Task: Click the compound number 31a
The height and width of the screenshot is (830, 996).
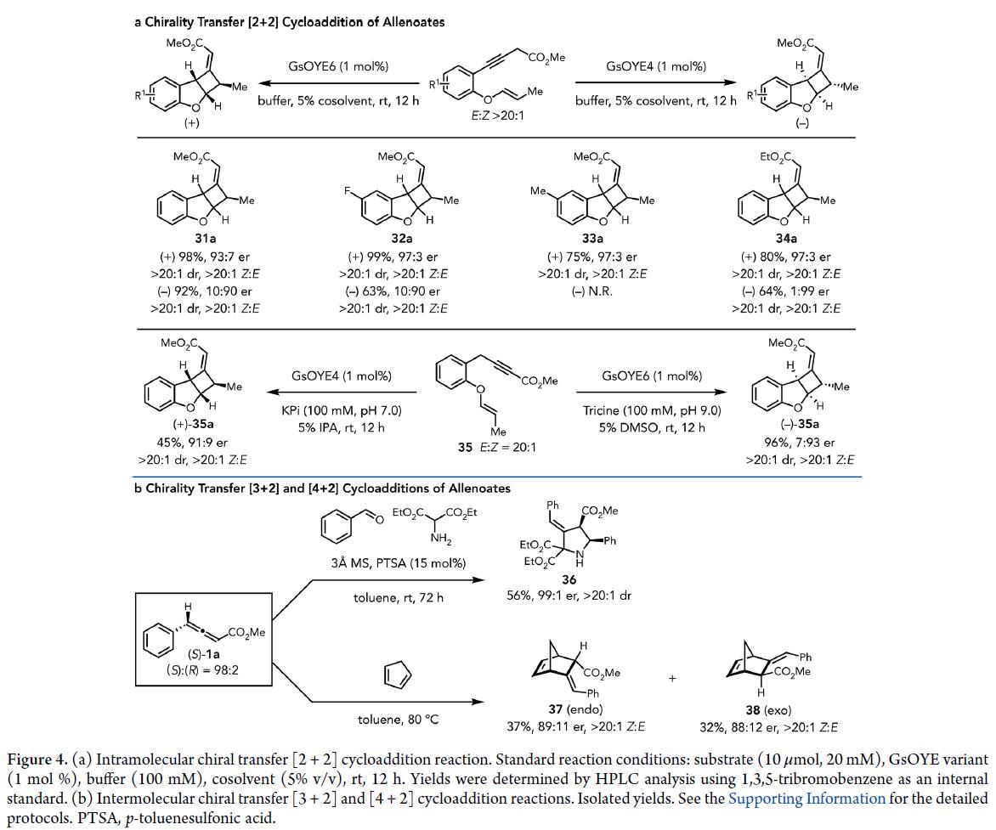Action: (x=204, y=240)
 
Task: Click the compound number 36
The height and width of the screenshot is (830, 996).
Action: (x=568, y=579)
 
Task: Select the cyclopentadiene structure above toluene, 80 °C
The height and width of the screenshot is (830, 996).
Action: (x=397, y=675)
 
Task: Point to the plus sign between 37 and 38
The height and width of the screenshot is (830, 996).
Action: (x=672, y=679)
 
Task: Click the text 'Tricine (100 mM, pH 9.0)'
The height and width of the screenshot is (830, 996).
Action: (x=653, y=410)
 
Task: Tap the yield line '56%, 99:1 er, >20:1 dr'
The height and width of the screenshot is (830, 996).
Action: (x=569, y=596)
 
